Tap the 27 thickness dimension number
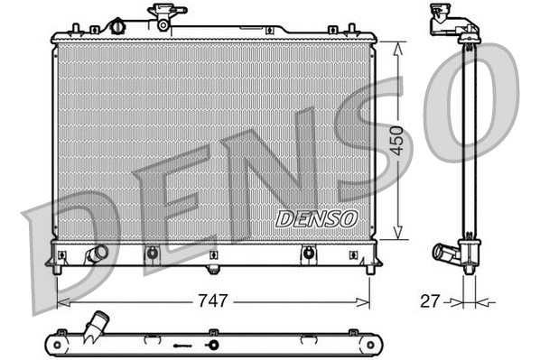(x=430, y=300)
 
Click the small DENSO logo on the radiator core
(x=316, y=218)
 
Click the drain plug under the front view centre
(x=213, y=268)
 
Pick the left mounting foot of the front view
(x=59, y=267)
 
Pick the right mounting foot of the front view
(x=369, y=267)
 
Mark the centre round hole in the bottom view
(x=215, y=346)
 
